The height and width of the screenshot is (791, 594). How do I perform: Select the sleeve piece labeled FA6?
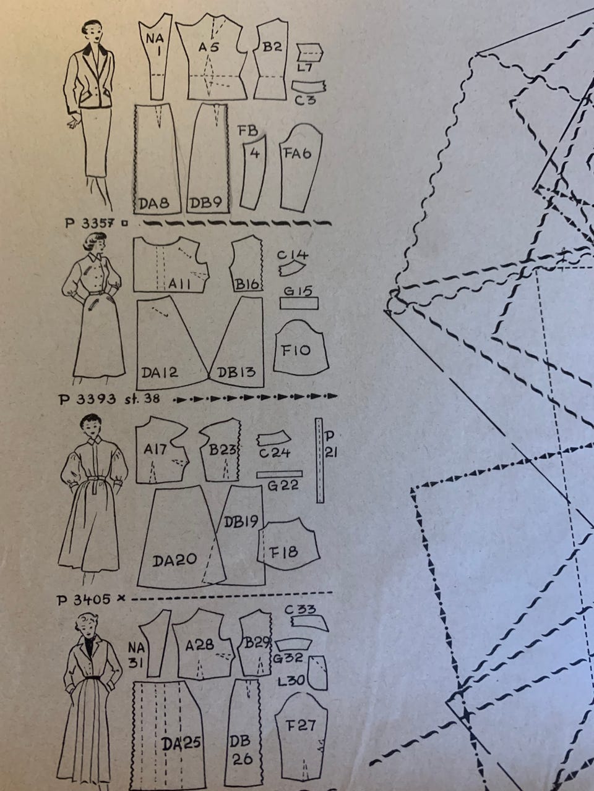coord(301,167)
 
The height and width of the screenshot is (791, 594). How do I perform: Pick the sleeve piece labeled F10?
coord(301,347)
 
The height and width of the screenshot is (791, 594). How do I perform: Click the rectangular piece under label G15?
coord(299,303)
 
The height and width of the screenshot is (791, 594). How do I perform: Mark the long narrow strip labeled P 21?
coord(320,460)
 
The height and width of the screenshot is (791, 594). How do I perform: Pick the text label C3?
coord(305,100)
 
